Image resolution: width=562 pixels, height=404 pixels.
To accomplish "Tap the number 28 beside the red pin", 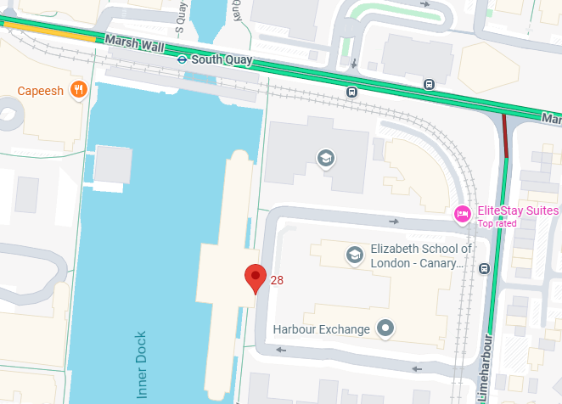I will [x=277, y=280].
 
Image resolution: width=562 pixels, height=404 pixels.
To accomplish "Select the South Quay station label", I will [x=221, y=59].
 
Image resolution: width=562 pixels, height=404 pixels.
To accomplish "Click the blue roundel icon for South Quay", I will [x=182, y=59].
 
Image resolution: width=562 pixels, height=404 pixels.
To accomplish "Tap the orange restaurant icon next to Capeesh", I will [x=78, y=89].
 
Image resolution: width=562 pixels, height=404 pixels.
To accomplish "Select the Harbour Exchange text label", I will [x=321, y=328].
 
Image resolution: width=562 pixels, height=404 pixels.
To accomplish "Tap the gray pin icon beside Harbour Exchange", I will [x=386, y=328].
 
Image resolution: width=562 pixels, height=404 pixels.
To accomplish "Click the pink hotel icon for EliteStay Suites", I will [x=463, y=213].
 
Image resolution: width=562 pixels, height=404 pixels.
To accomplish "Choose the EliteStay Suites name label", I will [x=518, y=210].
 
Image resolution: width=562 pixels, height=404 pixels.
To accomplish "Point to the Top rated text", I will [x=497, y=223].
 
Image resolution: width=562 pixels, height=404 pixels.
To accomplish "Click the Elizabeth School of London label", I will [x=421, y=255].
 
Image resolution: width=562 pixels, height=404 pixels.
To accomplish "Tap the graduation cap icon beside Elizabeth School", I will [x=354, y=255].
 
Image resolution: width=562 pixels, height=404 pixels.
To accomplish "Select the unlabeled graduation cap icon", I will [x=324, y=158].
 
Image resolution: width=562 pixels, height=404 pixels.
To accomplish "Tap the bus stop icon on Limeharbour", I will [x=484, y=269].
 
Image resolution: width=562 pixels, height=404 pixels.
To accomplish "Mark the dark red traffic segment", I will [x=505, y=136].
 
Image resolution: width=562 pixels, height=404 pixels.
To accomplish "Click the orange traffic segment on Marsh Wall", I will [x=51, y=33].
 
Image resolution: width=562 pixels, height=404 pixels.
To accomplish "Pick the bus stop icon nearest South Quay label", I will [x=351, y=92].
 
